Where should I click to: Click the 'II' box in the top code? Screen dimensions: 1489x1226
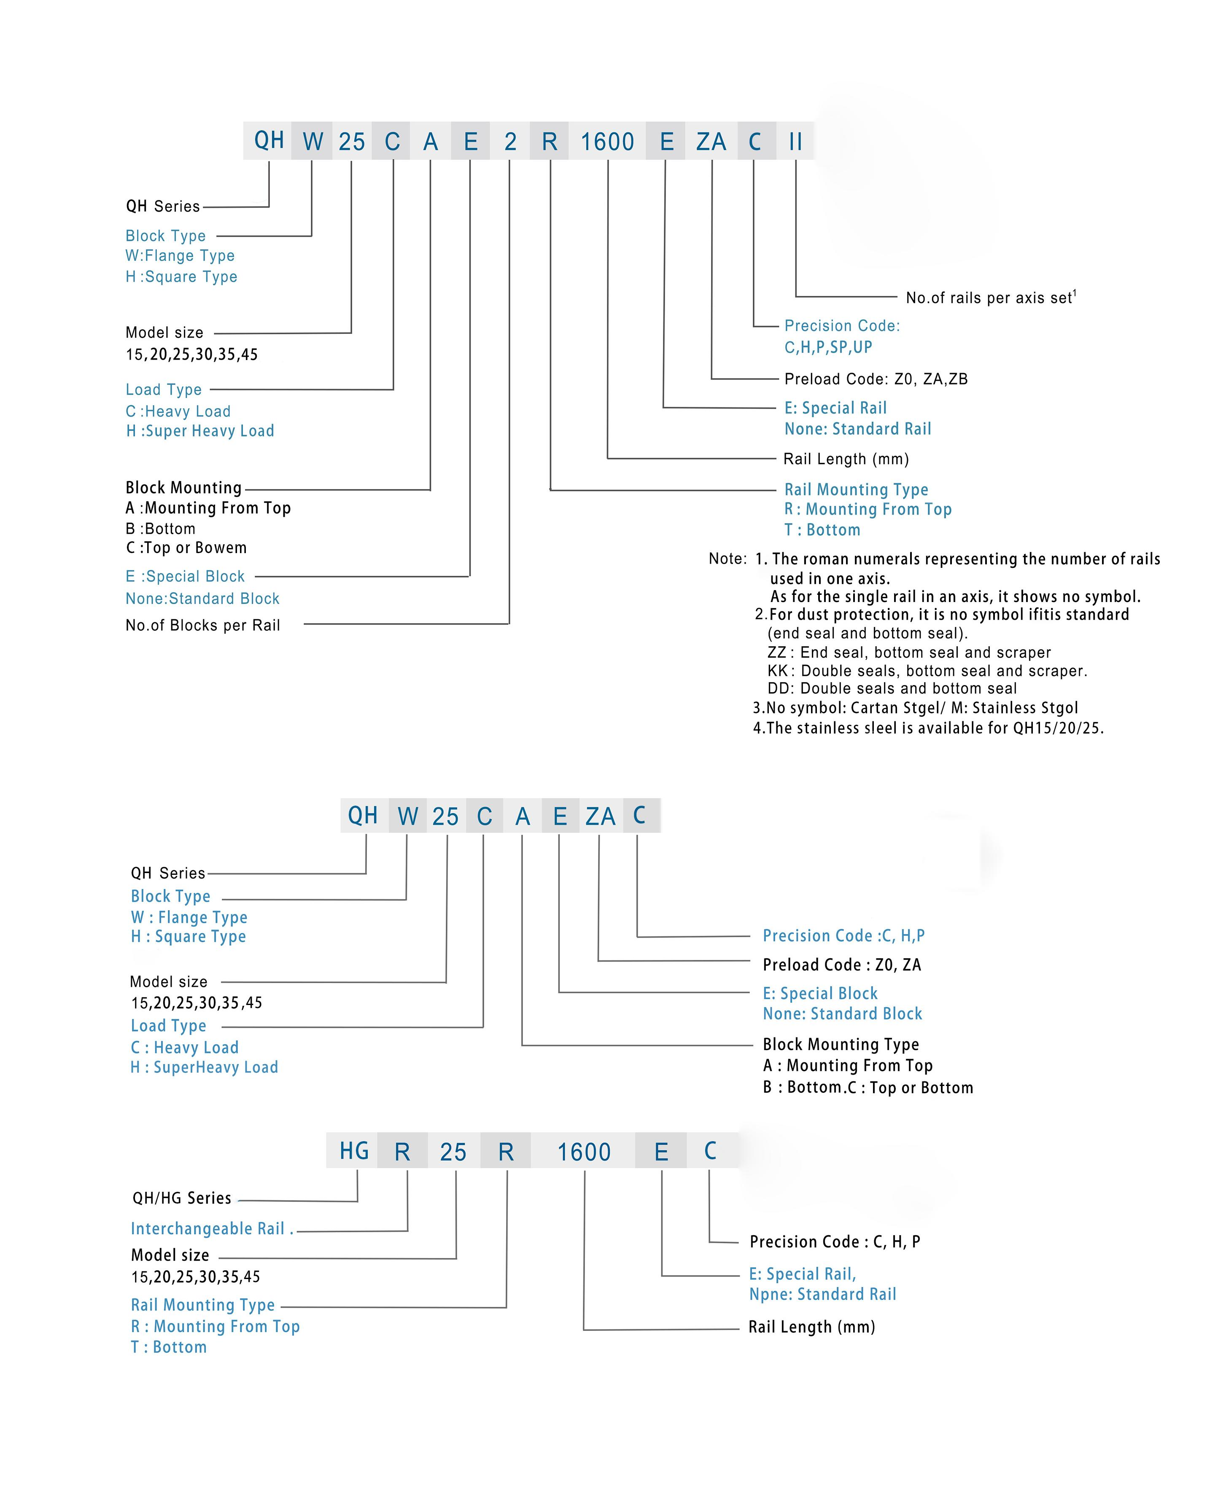pyautogui.click(x=795, y=141)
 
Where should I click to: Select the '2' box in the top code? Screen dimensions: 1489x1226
pyautogui.click(x=510, y=141)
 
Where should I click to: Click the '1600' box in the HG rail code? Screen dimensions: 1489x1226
pyautogui.click(x=583, y=1151)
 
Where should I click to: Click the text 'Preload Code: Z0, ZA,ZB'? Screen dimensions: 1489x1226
pyautogui.click(x=876, y=379)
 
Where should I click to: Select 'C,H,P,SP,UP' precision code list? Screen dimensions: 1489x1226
pyautogui.click(x=828, y=347)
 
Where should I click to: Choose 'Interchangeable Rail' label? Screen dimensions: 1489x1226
pyautogui.click(x=207, y=1228)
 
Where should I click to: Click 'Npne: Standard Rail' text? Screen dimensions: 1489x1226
pyautogui.click(x=822, y=1294)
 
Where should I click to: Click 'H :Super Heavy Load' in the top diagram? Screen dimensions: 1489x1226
pyautogui.click(x=200, y=431)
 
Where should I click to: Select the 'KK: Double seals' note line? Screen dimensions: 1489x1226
pyautogui.click(x=927, y=671)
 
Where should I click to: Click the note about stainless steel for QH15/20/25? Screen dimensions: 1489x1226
pyautogui.click(x=928, y=728)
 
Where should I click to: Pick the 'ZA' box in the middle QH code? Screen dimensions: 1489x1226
pyautogui.click(x=600, y=816)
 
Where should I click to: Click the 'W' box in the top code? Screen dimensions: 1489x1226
pyautogui.click(x=312, y=141)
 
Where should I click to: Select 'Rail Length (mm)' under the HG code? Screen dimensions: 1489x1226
pyautogui.click(x=811, y=1327)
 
